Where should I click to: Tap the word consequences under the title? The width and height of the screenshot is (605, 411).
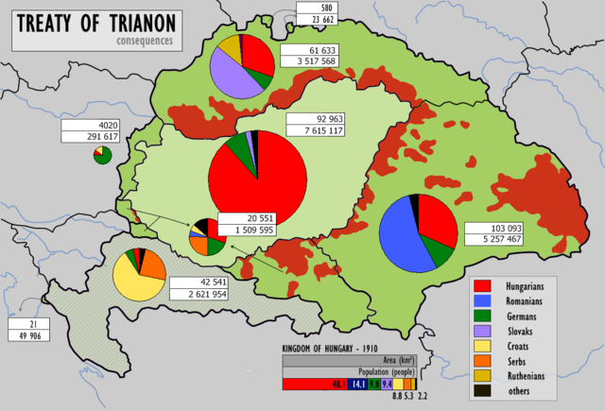pyautogui.click(x=147, y=43)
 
